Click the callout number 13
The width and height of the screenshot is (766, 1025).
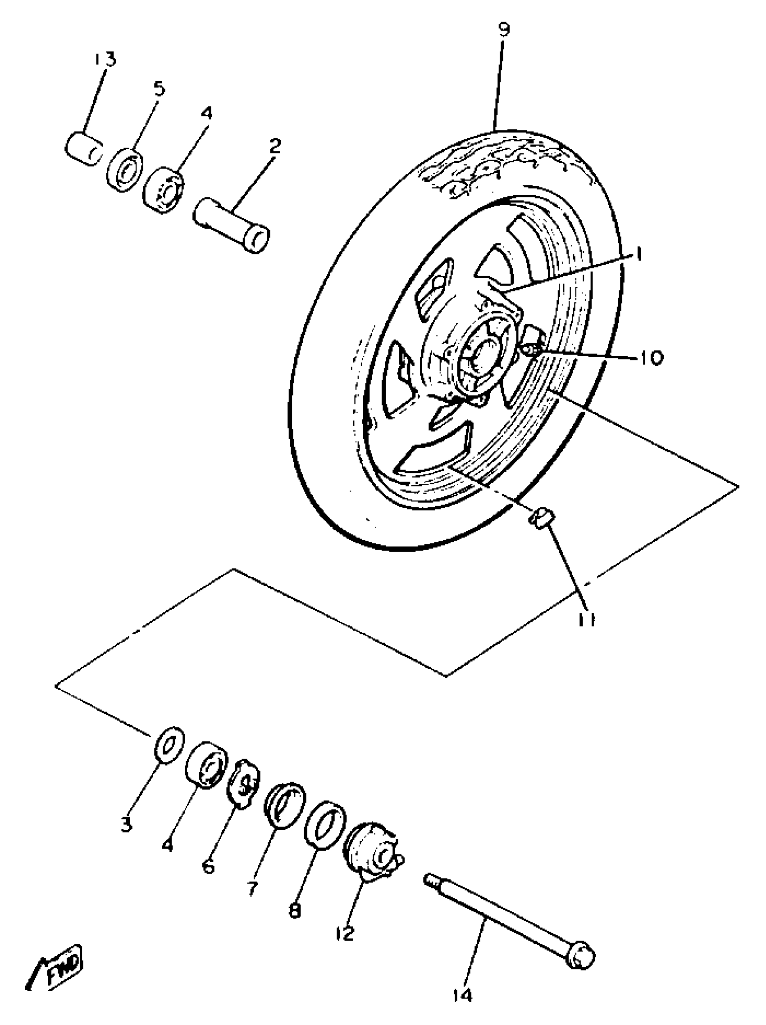click(105, 60)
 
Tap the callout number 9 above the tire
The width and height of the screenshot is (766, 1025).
click(503, 30)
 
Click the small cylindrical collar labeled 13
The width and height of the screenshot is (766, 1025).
click(83, 148)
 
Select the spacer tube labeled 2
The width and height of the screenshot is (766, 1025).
click(232, 225)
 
